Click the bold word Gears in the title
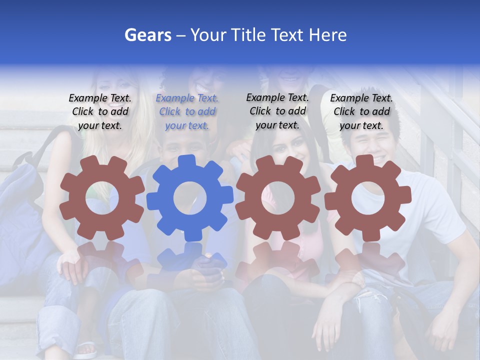click(147, 35)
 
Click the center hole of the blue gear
click(190, 198)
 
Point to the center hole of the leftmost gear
click(102, 197)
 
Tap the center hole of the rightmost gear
click(368, 197)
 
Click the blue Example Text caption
click(187, 111)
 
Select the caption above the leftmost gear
click(100, 111)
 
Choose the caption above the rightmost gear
click(361, 111)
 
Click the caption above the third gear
click(277, 111)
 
